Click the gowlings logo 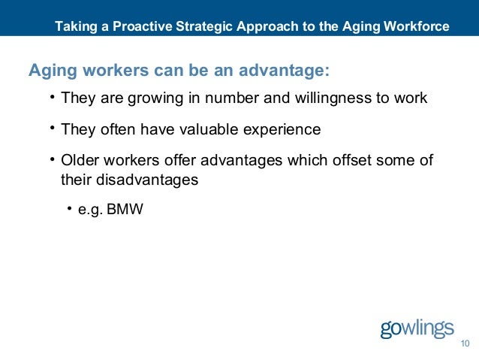click(417, 329)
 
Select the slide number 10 click(464, 344)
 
